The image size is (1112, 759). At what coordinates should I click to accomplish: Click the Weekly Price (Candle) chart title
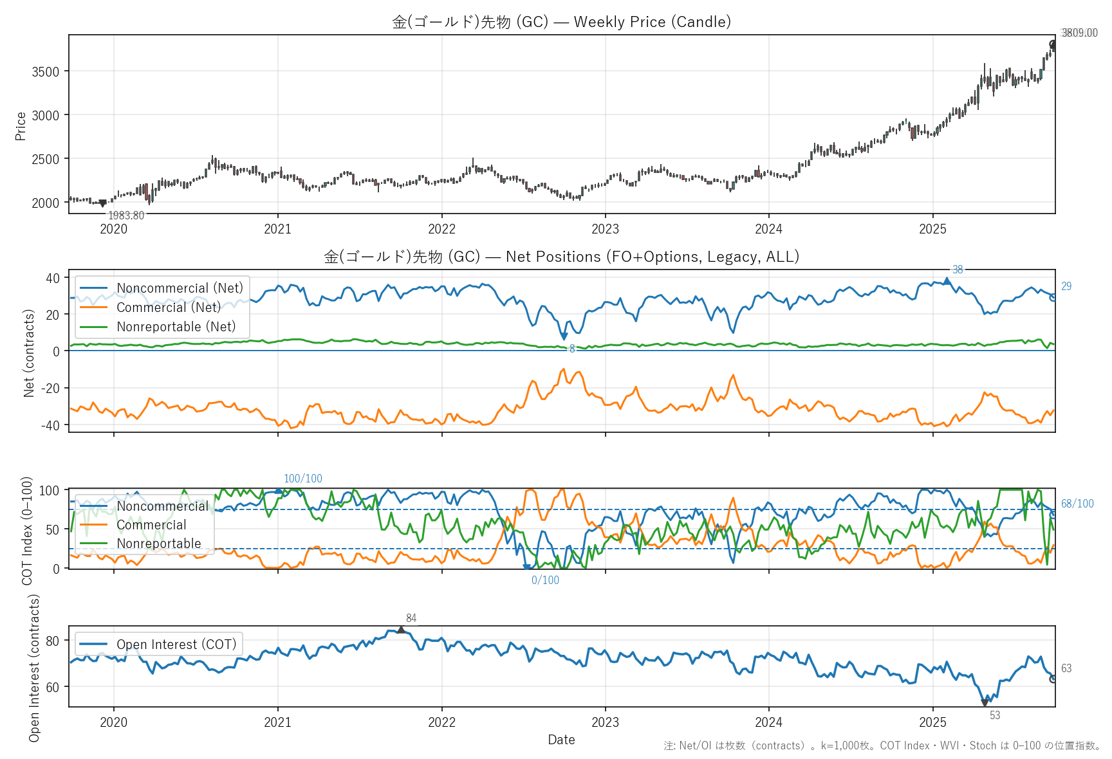561,22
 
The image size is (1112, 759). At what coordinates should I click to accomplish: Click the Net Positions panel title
561,257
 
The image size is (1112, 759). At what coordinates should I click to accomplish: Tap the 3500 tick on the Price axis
46,71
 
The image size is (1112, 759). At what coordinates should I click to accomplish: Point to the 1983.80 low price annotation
126,215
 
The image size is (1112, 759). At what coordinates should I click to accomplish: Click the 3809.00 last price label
1079,33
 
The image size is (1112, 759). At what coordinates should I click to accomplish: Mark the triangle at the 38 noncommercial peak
947,281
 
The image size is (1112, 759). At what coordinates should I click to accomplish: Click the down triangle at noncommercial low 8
564,336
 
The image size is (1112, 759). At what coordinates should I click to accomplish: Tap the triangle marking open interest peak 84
401,630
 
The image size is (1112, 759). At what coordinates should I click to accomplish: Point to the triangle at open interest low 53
985,703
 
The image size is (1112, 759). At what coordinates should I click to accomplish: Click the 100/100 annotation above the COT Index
303,479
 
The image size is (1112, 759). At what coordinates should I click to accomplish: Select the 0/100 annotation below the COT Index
545,580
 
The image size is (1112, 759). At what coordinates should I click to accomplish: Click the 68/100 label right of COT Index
1077,504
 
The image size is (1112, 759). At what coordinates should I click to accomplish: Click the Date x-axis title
561,740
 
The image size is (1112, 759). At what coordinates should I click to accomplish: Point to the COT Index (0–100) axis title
27,531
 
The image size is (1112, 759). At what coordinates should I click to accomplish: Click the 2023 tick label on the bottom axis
605,722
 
